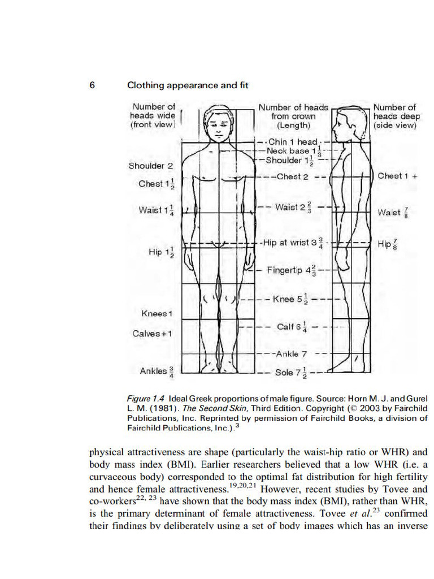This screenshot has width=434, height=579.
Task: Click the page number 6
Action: point(92,85)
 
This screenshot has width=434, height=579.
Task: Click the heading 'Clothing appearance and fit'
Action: point(188,85)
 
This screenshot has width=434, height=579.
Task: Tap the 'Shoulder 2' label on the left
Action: point(151,166)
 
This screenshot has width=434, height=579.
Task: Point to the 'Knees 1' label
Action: point(157,313)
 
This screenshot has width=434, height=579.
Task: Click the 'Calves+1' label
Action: point(153,333)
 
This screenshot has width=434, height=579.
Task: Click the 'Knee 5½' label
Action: point(290,299)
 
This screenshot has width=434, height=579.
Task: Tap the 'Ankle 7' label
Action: point(291,354)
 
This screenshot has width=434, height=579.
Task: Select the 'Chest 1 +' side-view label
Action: point(397,176)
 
